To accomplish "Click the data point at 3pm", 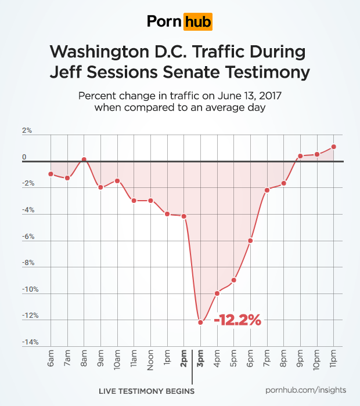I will click(x=200, y=322).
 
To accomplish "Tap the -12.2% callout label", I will click(x=237, y=320).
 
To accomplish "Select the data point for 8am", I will click(x=84, y=159).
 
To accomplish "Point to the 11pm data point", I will click(x=334, y=147).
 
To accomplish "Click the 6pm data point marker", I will click(x=250, y=240).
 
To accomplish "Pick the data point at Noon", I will click(x=150, y=201).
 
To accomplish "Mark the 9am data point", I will click(x=100, y=187).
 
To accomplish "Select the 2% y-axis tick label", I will click(x=27, y=131).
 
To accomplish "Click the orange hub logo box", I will click(x=197, y=21).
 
